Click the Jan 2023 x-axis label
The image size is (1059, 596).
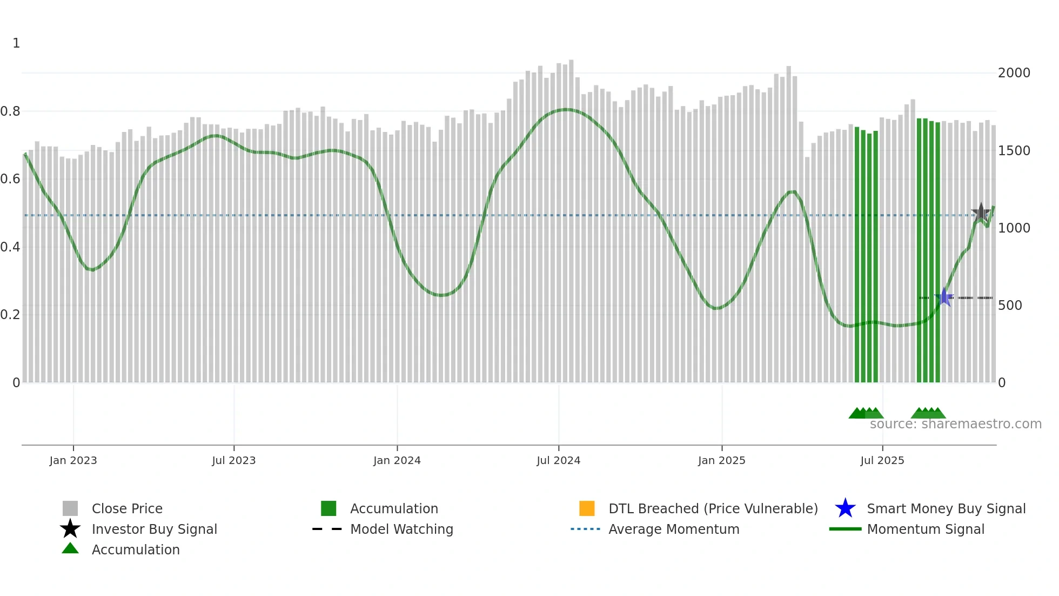[x=73, y=460]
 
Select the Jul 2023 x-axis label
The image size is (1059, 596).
[x=233, y=460]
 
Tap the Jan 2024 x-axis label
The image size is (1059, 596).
[x=397, y=460]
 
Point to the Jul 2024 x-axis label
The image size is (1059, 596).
[x=558, y=460]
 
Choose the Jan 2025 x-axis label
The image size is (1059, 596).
[x=721, y=460]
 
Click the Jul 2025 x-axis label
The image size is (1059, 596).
[x=882, y=460]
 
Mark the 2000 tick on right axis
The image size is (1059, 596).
[x=1014, y=73]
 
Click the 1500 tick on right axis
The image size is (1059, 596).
[x=1014, y=151]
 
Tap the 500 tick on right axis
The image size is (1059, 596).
[x=1010, y=306]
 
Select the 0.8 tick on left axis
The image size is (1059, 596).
[x=10, y=111]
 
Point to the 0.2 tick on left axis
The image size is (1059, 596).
[x=10, y=315]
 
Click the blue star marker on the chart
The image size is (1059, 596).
[x=944, y=297]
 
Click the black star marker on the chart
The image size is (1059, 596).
[x=981, y=213]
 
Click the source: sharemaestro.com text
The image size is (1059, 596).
[x=955, y=424]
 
